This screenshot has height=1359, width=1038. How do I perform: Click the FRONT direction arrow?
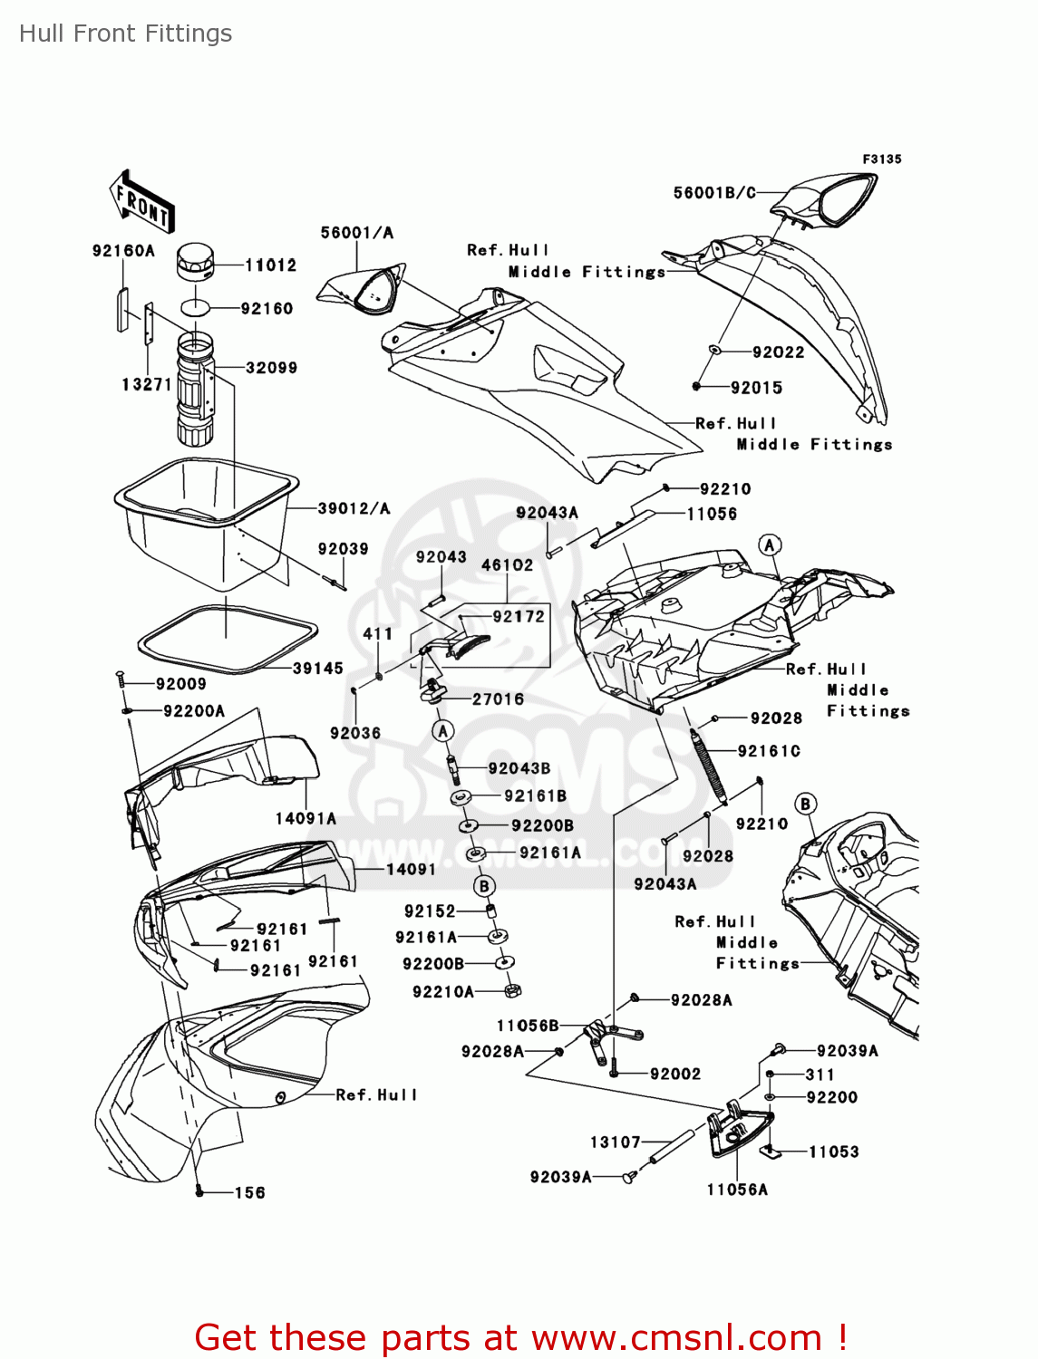pyautogui.click(x=142, y=202)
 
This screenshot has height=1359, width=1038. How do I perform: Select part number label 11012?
pyautogui.click(x=270, y=265)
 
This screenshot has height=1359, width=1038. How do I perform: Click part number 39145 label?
pyautogui.click(x=317, y=669)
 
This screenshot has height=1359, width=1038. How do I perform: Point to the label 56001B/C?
pyautogui.click(x=714, y=193)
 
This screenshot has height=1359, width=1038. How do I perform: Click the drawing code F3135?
pyautogui.click(x=881, y=159)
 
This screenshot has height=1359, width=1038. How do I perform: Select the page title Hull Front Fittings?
pyautogui.click(x=126, y=34)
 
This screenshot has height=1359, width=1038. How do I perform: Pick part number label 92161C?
pyautogui.click(x=769, y=751)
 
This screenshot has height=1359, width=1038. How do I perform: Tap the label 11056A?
pyautogui.click(x=737, y=1190)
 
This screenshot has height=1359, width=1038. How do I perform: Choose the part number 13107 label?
pyautogui.click(x=616, y=1142)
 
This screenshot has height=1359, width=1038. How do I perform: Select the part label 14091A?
pyautogui.click(x=306, y=819)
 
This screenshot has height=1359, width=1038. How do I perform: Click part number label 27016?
pyautogui.click(x=498, y=699)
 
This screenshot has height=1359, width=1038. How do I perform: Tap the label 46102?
pyautogui.click(x=507, y=565)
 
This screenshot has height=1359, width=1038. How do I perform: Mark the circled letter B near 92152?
pyautogui.click(x=485, y=886)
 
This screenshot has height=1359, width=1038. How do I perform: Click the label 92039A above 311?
pyautogui.click(x=848, y=1051)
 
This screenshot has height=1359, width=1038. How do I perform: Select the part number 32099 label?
pyautogui.click(x=271, y=368)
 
